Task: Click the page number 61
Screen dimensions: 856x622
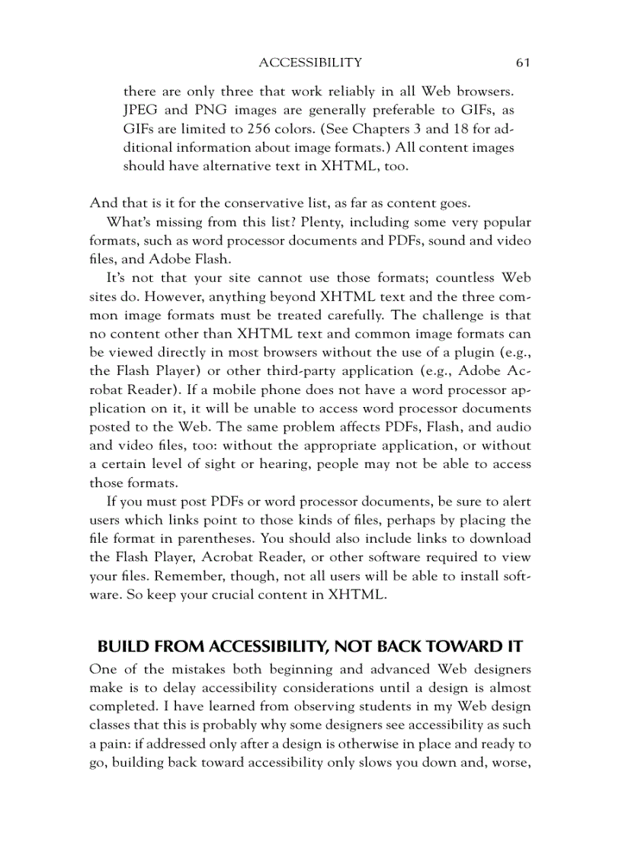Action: (x=522, y=62)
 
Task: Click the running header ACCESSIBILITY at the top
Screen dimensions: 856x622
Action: (x=310, y=62)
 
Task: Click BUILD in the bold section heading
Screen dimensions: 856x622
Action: (x=123, y=647)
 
